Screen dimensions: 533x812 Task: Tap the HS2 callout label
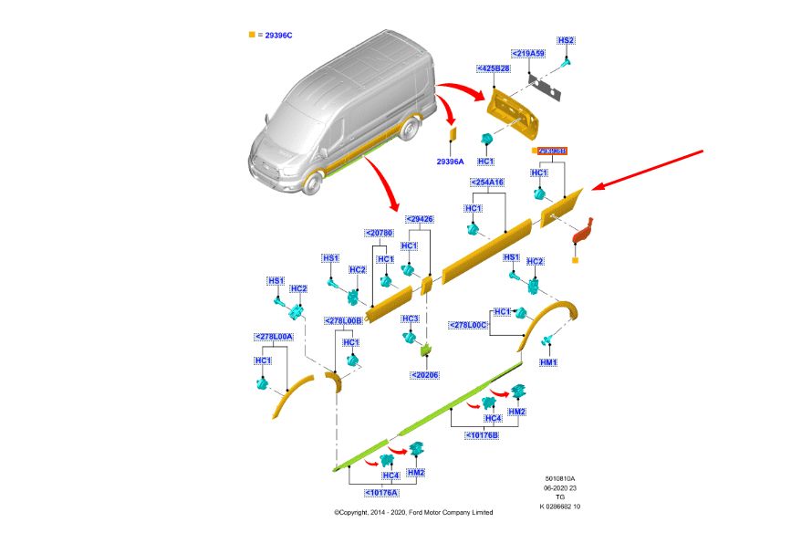point(566,41)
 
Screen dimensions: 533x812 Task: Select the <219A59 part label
point(528,54)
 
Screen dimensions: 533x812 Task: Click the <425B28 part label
point(494,68)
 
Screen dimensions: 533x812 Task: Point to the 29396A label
point(450,161)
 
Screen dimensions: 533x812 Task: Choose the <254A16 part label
point(487,183)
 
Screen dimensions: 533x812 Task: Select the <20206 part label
point(424,374)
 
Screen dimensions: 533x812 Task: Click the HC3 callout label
point(411,319)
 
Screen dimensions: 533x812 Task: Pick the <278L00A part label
point(273,337)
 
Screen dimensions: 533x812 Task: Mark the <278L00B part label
point(344,320)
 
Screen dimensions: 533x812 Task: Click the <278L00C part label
point(469,325)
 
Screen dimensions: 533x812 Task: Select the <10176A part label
point(382,492)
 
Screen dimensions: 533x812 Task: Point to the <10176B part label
point(481,434)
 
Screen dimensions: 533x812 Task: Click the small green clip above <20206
point(424,349)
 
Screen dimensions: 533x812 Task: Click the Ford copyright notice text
point(412,512)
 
